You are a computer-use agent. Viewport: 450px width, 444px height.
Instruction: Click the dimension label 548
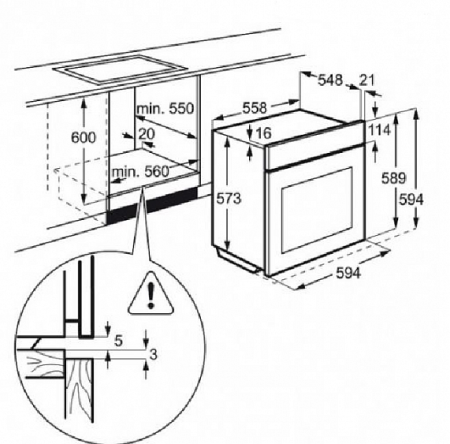click(x=330, y=80)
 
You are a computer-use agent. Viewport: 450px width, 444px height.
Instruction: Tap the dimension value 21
click(x=367, y=80)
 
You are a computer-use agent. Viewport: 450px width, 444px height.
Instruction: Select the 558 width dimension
click(x=255, y=108)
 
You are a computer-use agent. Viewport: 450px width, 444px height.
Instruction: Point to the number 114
click(x=379, y=130)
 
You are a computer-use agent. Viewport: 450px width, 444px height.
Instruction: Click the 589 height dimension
click(x=394, y=178)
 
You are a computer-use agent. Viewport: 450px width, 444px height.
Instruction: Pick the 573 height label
click(x=229, y=199)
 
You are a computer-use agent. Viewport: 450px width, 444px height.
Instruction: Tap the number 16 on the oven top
click(x=263, y=133)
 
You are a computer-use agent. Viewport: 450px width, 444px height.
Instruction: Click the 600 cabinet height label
click(x=83, y=137)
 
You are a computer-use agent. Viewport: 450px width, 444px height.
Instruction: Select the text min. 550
click(x=165, y=109)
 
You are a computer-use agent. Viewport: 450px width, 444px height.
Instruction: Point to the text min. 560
click(x=140, y=172)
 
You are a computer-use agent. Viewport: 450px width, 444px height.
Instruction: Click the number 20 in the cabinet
click(x=147, y=134)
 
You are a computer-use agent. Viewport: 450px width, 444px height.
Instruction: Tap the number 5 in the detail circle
click(x=118, y=341)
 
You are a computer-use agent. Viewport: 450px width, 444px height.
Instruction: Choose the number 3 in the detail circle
click(x=153, y=355)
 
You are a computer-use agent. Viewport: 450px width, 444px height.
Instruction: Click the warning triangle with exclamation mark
click(x=151, y=295)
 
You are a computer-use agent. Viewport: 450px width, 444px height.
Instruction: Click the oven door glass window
click(x=317, y=210)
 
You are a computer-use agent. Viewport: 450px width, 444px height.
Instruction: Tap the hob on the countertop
click(x=120, y=70)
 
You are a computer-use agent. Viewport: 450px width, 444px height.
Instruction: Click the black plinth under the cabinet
click(x=152, y=205)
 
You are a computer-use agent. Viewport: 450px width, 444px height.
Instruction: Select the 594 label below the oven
click(x=348, y=273)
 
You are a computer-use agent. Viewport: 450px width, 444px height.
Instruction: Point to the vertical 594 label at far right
click(x=411, y=200)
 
